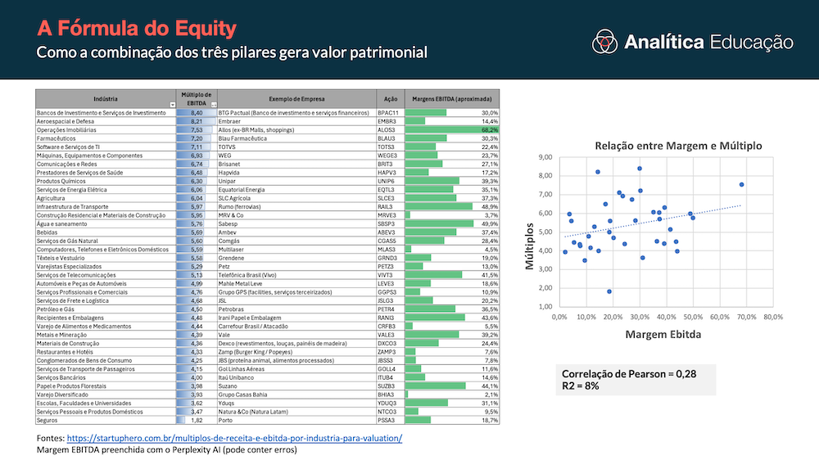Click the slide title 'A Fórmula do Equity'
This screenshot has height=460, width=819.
(x=137, y=29)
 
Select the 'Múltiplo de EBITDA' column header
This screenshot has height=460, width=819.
(x=196, y=98)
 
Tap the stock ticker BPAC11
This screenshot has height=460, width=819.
(x=388, y=112)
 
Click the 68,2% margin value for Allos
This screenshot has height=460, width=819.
(x=489, y=130)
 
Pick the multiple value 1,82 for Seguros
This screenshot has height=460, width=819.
(x=196, y=420)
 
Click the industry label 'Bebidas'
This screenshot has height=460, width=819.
(x=50, y=232)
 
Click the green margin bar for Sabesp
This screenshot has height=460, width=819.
(x=439, y=223)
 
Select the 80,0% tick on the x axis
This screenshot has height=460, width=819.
(x=772, y=317)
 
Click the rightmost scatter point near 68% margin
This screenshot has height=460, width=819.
(x=741, y=185)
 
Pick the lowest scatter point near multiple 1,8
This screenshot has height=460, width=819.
(x=609, y=291)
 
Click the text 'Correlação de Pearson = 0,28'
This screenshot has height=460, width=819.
(x=628, y=373)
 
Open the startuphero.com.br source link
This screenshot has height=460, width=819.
(x=234, y=438)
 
